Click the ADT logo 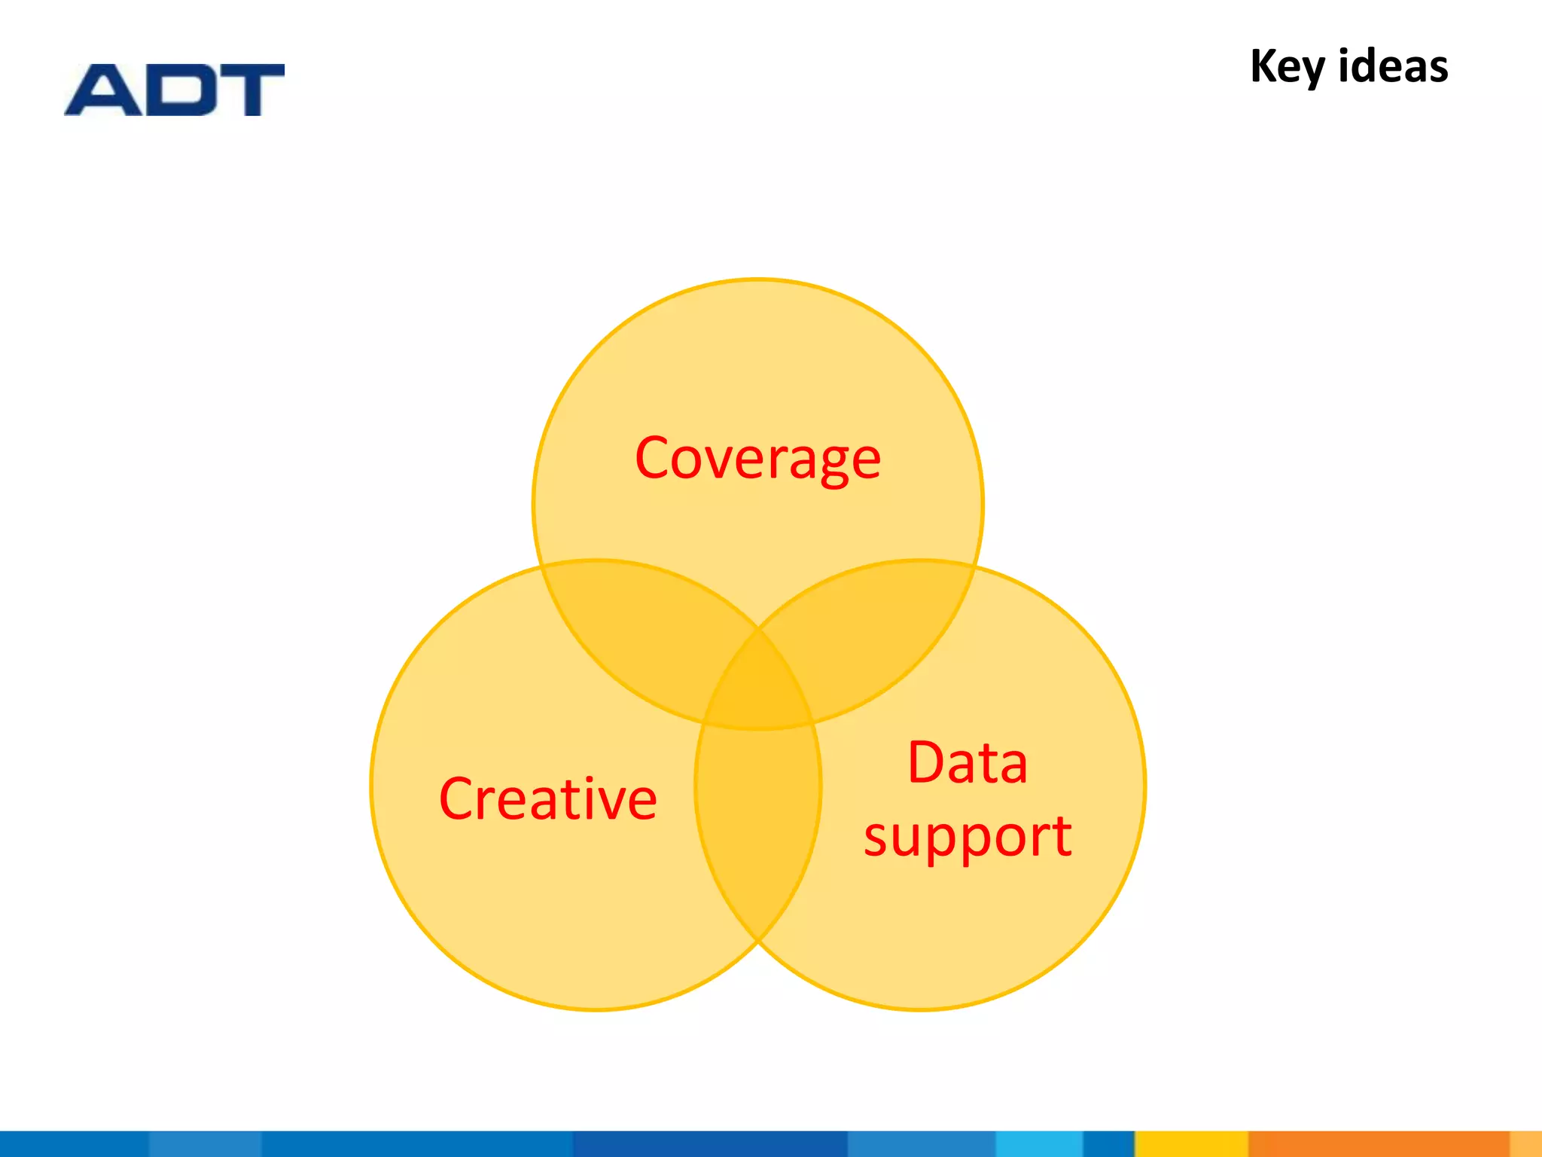175,90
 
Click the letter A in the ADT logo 103,90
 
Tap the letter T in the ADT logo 252,90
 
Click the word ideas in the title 1393,66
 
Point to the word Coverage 757,459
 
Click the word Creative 547,798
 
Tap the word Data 968,762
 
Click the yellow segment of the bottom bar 1191,1143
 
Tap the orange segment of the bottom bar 1378,1143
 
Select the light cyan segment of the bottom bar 1039,1143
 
